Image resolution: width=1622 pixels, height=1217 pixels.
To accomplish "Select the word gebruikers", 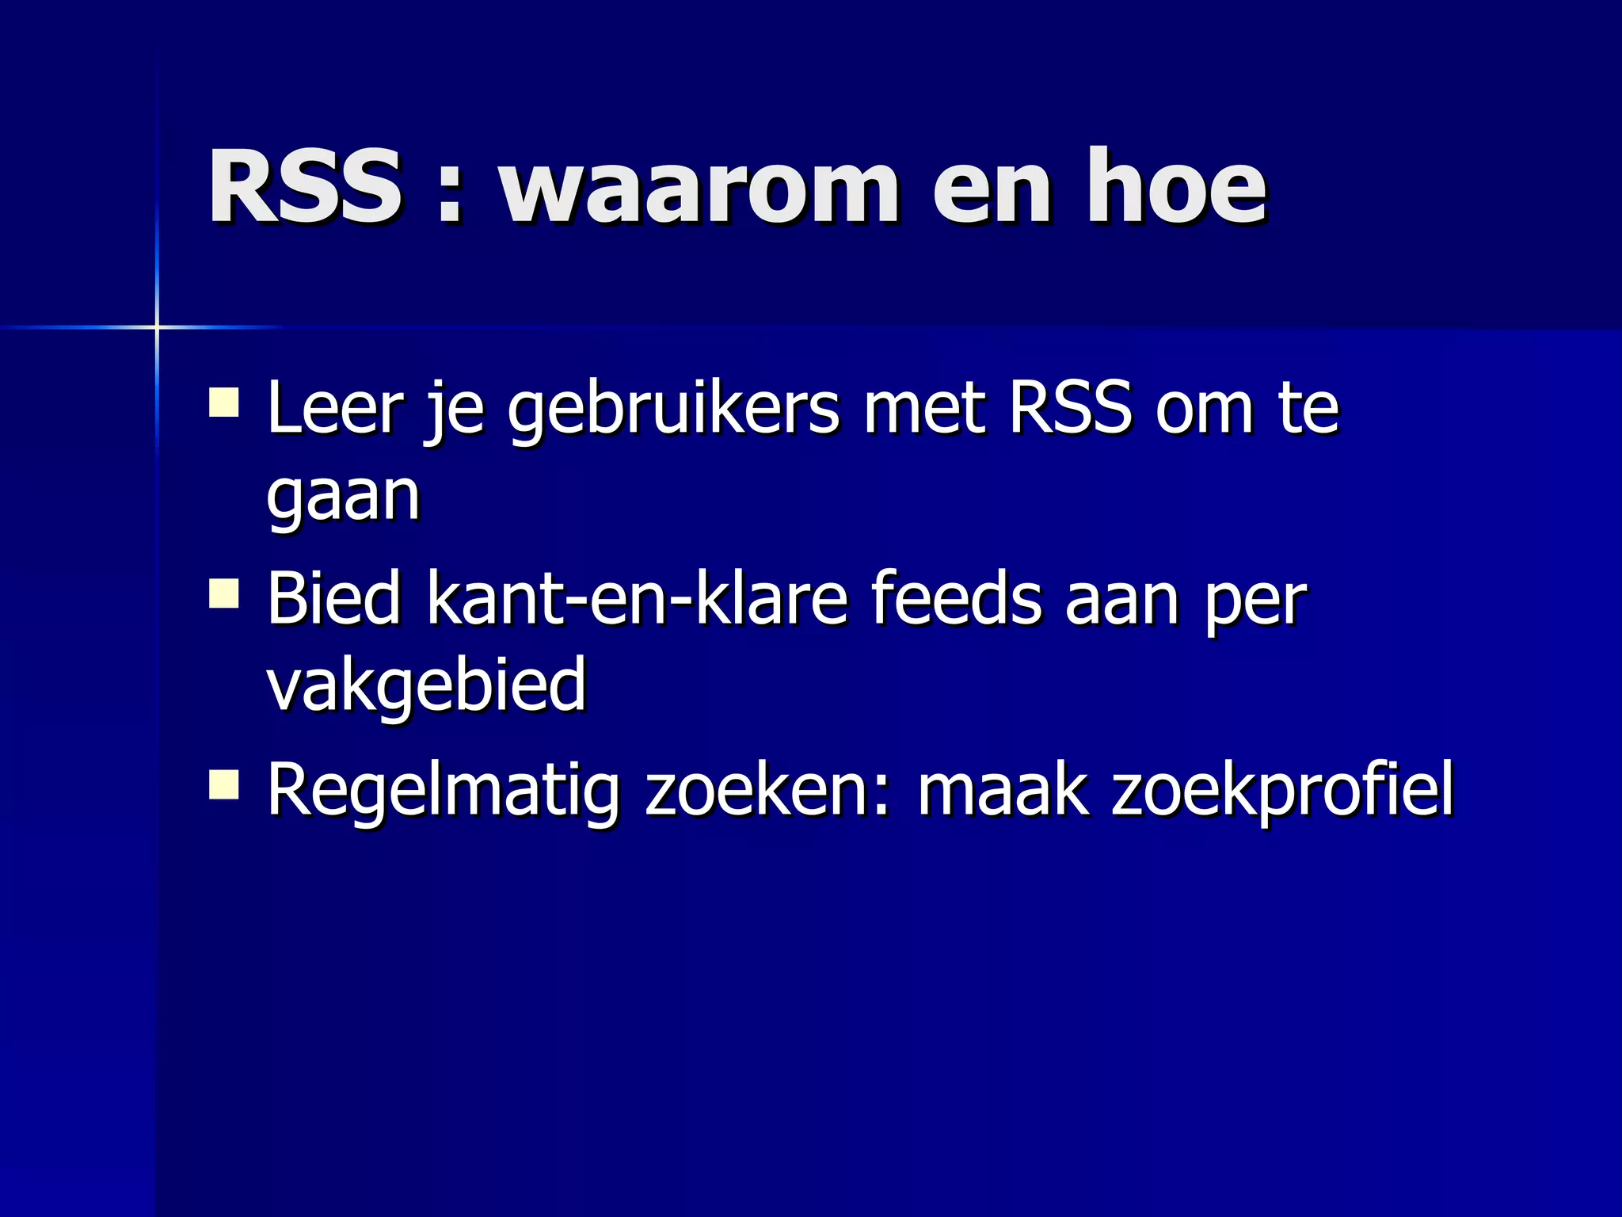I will click(673, 410).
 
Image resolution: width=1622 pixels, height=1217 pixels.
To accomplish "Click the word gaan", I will click(343, 498).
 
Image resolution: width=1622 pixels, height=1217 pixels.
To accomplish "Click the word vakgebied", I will click(426, 685).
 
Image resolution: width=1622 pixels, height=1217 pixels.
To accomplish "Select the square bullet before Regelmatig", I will click(224, 784).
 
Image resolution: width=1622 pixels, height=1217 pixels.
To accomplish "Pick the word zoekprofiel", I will click(1283, 791).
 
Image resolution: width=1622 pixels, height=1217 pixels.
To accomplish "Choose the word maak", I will click(1003, 789).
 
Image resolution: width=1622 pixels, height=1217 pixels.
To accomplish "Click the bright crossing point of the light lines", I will click(157, 326).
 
